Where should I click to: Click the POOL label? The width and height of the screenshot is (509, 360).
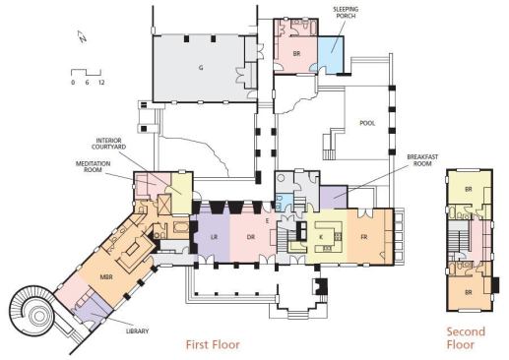click(x=367, y=123)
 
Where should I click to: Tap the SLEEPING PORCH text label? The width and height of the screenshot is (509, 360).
click(x=346, y=12)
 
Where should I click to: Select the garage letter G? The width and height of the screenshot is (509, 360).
click(x=201, y=68)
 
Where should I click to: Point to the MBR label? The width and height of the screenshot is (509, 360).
click(x=106, y=277)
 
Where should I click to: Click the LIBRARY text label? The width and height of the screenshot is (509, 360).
click(x=138, y=331)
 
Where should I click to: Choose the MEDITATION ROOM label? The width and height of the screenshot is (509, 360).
click(x=93, y=166)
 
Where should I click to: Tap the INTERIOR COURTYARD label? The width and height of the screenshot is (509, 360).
click(x=108, y=144)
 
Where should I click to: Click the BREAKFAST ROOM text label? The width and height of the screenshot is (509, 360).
click(x=422, y=160)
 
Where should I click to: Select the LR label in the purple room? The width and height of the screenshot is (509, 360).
click(x=214, y=237)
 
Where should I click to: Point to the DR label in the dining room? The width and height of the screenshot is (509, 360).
click(x=251, y=237)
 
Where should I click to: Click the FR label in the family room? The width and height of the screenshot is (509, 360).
click(x=364, y=237)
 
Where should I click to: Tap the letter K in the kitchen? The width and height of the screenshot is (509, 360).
click(x=321, y=237)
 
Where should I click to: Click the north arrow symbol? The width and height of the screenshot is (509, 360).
click(x=82, y=36)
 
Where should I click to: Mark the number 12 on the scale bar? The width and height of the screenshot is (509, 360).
click(x=101, y=83)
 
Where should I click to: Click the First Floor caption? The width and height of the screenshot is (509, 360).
click(x=213, y=344)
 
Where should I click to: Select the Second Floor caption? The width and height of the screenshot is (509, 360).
click(x=466, y=338)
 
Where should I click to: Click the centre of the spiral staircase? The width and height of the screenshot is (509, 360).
click(x=39, y=316)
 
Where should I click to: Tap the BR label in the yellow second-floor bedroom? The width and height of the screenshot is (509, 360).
click(x=469, y=189)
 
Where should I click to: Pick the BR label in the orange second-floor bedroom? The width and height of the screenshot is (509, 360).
click(x=469, y=292)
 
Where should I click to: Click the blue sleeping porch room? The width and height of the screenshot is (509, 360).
click(x=330, y=54)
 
